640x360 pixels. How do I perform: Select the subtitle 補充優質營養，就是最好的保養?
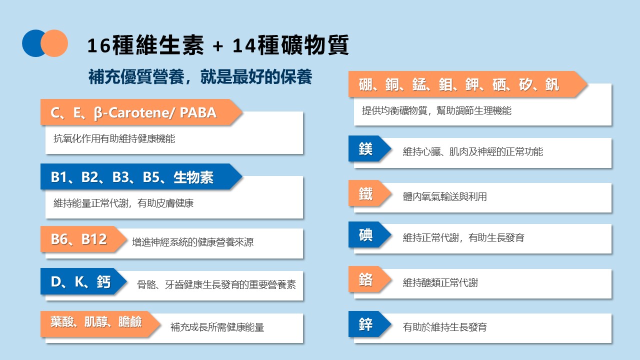point(200,77)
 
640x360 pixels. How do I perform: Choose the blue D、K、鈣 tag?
point(80,281)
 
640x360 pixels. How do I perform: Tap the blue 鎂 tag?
point(366,149)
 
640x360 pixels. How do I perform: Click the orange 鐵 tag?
point(366,194)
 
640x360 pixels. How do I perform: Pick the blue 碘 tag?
point(366,235)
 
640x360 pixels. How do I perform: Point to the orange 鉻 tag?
point(366,280)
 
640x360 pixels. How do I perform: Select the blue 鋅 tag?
point(366,324)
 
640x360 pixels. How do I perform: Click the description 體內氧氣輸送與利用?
point(444,197)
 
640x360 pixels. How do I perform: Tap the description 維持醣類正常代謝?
point(440,283)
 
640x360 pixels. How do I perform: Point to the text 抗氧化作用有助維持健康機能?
point(114,139)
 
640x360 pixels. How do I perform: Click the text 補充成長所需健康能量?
point(217,328)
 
